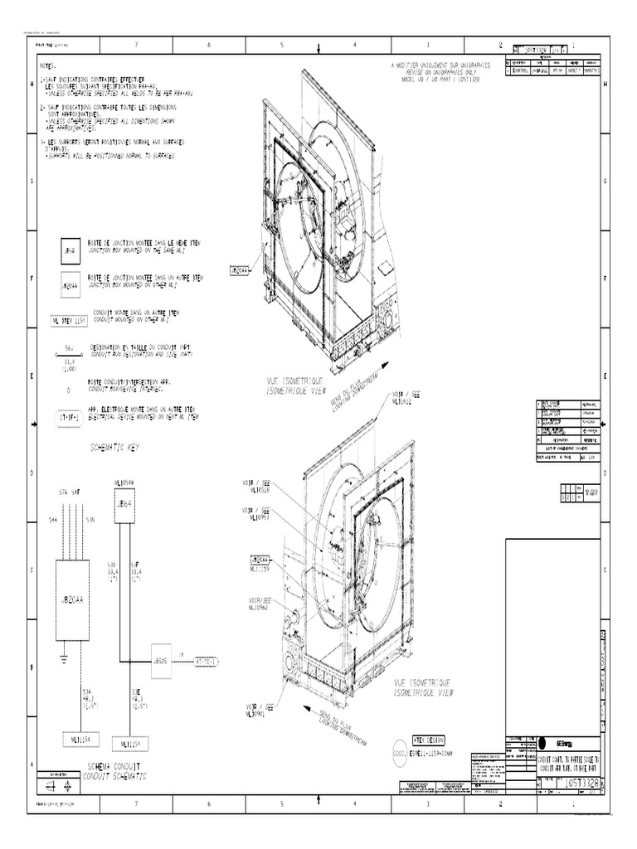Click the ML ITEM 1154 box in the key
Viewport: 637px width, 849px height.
(x=68, y=319)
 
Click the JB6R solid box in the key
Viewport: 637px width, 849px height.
(x=71, y=250)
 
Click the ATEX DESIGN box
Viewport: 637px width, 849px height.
(x=425, y=740)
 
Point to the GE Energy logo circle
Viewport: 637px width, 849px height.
(x=542, y=742)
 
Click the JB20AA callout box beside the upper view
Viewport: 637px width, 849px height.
(x=238, y=270)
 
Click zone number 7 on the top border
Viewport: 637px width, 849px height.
(x=136, y=45)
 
